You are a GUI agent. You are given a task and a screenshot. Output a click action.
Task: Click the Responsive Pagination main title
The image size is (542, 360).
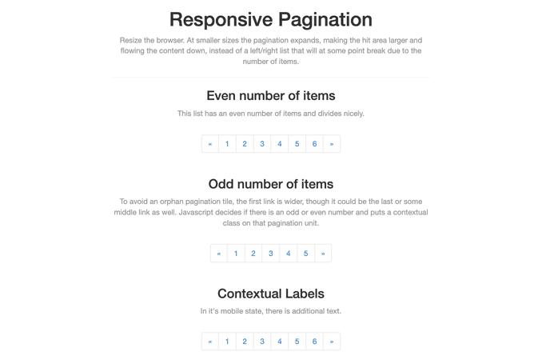[271, 19]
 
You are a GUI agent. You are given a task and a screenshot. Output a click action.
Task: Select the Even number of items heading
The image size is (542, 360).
[271, 95]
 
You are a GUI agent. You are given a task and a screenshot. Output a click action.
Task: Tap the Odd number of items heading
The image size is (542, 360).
[271, 184]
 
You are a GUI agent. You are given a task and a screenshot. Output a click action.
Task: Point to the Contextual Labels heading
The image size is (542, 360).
[271, 294]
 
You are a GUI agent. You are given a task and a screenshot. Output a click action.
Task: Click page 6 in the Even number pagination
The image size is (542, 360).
[314, 144]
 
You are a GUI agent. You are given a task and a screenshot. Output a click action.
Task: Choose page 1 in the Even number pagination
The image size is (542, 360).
[227, 144]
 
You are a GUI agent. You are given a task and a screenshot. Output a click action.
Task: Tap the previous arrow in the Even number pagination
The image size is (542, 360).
[209, 144]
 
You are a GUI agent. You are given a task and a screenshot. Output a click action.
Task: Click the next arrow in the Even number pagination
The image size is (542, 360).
[332, 144]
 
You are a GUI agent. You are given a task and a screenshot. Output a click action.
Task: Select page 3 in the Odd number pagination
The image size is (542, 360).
[271, 254]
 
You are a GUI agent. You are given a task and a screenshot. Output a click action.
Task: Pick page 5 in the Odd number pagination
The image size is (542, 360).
[305, 254]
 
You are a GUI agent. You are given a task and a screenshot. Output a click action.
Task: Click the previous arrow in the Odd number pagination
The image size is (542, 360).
[219, 254]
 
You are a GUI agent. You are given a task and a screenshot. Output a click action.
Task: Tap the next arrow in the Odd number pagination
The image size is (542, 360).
[323, 254]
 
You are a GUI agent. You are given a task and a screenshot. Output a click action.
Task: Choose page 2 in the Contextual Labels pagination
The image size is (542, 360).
[245, 342]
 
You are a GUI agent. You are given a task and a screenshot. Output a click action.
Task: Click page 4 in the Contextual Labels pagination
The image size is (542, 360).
[279, 342]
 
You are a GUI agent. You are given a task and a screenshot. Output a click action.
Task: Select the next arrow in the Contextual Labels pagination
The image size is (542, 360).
[332, 342]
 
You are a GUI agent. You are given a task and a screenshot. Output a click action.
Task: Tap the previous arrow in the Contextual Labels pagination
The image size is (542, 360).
[209, 342]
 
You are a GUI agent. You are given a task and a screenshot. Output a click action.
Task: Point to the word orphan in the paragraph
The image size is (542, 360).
[171, 202]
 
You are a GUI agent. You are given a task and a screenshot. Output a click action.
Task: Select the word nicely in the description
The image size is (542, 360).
[353, 114]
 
